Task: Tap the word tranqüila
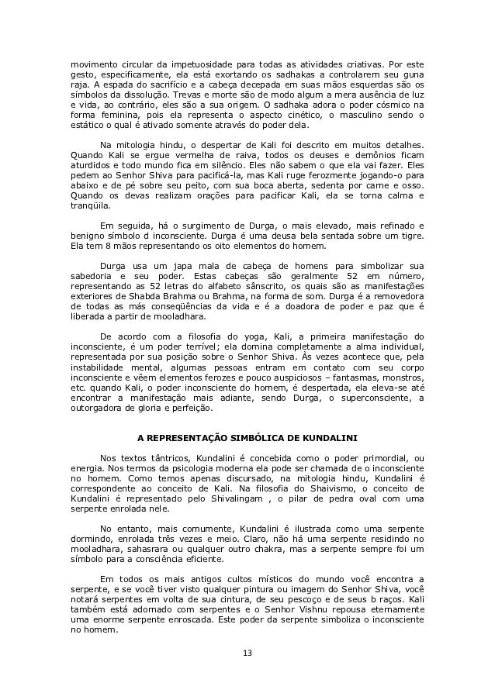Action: [x=90, y=205]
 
